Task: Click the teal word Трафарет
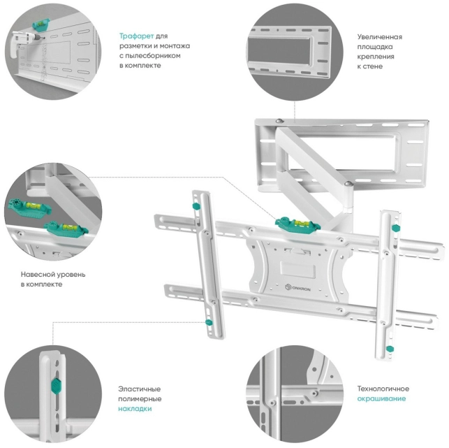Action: pos(135,36)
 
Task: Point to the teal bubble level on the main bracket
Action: pos(295,222)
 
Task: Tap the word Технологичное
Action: pos(383,389)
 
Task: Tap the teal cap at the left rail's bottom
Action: pos(208,321)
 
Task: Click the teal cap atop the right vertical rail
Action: pos(395,229)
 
